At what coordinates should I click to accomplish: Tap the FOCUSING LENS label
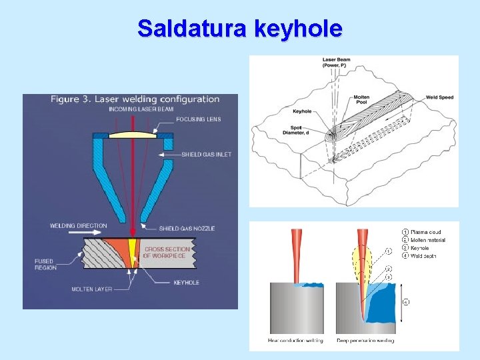tap(199, 120)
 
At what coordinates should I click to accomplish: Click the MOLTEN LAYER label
tap(92, 289)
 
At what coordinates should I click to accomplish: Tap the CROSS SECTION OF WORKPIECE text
tap(167, 253)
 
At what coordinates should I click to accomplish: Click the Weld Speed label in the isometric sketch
tap(439, 98)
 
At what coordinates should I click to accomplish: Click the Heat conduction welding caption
tap(295, 341)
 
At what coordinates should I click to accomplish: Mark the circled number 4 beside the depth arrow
tap(407, 301)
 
